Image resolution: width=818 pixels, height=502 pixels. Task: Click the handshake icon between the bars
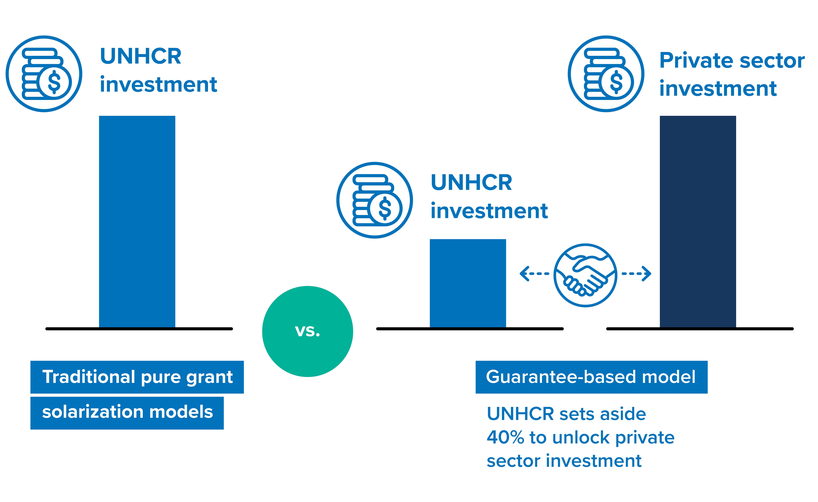[x=585, y=275]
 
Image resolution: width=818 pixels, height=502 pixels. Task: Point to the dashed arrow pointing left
[x=534, y=274]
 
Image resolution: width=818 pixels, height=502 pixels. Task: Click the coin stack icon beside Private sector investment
[x=606, y=74]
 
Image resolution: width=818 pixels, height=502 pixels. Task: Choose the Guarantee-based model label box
[x=591, y=377]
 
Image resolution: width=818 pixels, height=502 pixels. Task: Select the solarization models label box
[x=127, y=413]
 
